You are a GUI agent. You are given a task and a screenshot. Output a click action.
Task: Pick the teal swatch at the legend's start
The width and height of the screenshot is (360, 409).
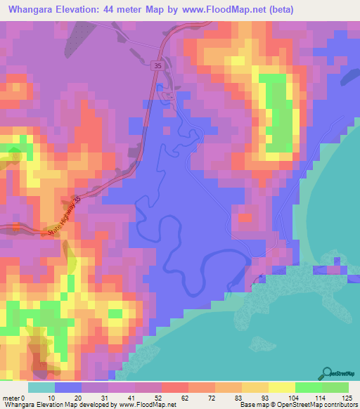(x=41, y=387)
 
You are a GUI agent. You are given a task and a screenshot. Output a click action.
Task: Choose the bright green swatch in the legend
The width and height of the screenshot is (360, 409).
(x=308, y=387)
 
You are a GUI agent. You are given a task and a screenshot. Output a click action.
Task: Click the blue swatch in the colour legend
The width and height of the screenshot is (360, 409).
(x=67, y=387)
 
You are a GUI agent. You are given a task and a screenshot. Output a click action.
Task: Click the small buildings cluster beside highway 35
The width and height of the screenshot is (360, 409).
(x=168, y=96)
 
